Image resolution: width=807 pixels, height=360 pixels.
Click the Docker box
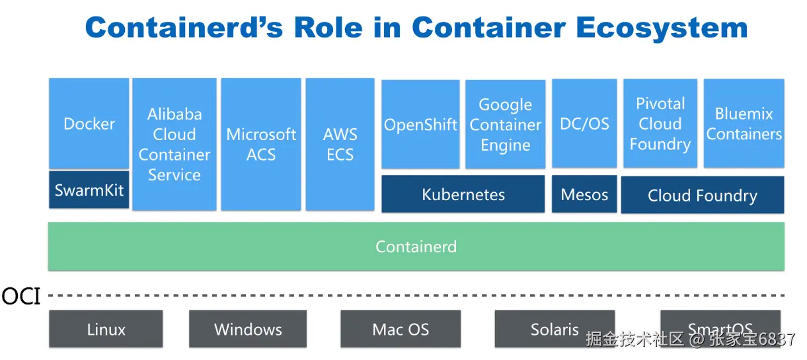89,123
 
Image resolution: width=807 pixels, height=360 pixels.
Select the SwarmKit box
89,190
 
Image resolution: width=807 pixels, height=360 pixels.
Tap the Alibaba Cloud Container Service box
174,144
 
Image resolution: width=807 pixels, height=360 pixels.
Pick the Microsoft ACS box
261,144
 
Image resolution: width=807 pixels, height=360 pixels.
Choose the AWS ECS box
340,144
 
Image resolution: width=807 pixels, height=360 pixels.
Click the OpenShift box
420,124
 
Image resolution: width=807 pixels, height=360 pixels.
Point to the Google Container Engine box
505,124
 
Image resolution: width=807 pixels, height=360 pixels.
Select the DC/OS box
584,123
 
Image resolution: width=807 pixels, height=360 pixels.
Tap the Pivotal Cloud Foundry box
660,123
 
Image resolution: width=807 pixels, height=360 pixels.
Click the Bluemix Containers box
744,123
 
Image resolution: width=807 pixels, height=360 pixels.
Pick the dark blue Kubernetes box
463,194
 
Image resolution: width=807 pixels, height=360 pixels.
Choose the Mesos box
584,194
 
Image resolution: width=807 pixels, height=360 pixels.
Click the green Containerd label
416,246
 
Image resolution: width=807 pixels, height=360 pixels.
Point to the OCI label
21,297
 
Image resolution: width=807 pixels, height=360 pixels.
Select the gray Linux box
106,329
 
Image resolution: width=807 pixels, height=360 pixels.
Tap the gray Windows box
248,329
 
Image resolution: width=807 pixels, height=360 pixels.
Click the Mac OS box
401,329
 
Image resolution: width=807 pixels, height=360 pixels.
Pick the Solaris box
555,329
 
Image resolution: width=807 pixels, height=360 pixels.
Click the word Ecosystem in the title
662,28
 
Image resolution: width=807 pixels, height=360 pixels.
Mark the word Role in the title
328,27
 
